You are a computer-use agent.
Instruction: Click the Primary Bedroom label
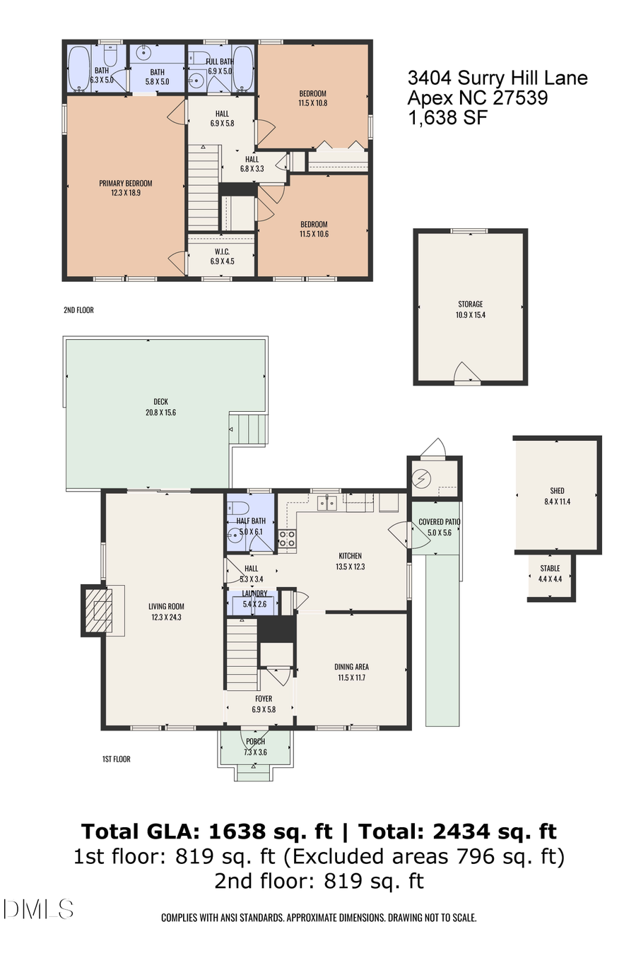(125, 183)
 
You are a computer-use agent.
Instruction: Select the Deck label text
(160, 402)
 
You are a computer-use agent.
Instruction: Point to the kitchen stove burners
(286, 539)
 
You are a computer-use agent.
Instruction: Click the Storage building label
(470, 304)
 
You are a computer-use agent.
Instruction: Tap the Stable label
(550, 568)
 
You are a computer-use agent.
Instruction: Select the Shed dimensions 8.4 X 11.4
(557, 502)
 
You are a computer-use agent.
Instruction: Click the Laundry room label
(254, 594)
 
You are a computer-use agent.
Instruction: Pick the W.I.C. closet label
(222, 251)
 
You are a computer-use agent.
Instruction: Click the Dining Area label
(351, 667)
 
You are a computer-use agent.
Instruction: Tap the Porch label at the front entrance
(255, 742)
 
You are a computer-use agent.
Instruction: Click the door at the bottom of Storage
(466, 374)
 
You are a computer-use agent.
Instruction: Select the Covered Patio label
(440, 522)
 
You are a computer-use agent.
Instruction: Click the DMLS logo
(38, 908)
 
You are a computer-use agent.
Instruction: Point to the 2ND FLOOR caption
(78, 310)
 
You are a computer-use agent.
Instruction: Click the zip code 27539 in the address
(519, 98)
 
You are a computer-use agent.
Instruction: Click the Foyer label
(264, 699)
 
